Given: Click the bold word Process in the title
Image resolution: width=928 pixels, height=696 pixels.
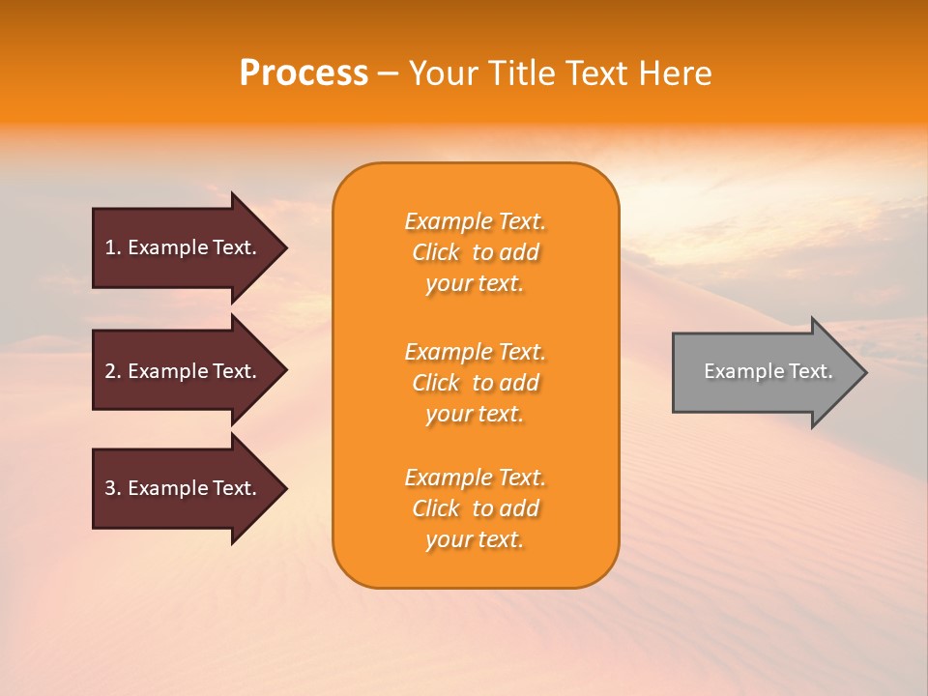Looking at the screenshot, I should tap(304, 73).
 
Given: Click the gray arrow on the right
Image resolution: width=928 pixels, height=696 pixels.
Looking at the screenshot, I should tap(764, 372).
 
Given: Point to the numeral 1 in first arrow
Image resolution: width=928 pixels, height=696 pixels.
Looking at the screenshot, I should tap(110, 247).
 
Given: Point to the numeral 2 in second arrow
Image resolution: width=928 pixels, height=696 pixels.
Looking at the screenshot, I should tap(110, 371).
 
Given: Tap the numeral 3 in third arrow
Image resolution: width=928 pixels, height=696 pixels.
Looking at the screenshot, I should tap(110, 488).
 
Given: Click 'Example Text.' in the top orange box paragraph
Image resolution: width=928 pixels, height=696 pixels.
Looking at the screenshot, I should tap(475, 221).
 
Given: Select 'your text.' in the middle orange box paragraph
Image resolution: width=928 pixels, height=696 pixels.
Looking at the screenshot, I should tap(475, 414).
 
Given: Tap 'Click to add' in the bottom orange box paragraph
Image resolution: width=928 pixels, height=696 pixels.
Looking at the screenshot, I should tap(475, 508).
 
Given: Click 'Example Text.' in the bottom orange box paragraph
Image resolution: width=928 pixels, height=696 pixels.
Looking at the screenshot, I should tap(475, 478).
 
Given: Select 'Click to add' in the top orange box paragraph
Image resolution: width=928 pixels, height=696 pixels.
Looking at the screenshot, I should tap(475, 252).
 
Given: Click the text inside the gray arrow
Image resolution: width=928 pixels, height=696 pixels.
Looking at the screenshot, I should tap(768, 371).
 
